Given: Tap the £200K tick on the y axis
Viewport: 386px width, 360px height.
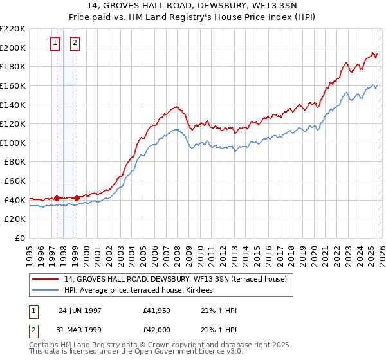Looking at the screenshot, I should tap(14, 48).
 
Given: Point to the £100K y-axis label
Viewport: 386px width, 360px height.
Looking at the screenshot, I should tap(14, 143).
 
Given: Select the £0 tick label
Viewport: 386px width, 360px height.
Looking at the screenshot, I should tap(21, 239).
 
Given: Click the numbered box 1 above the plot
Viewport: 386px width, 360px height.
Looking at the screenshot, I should tap(56, 43).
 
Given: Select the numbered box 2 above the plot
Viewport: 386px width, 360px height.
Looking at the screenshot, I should tap(75, 43).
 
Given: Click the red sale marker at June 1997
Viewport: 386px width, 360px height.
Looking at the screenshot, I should tap(57, 198).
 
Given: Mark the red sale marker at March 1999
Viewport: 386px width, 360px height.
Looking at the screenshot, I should tap(77, 198).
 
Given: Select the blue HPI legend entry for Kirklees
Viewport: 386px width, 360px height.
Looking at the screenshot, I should tap(143, 290).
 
